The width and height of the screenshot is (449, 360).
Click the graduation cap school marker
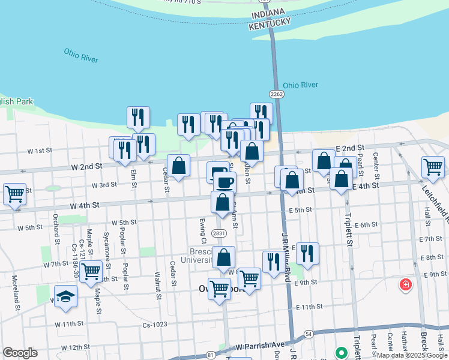tap(65, 296)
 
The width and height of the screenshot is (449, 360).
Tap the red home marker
tap(406, 284)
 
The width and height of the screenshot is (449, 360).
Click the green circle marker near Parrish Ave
tap(342, 352)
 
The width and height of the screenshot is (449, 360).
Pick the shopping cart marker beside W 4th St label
tap(14, 194)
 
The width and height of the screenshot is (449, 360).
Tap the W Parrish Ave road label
tap(259, 346)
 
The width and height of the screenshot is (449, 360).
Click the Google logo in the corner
tap(20, 353)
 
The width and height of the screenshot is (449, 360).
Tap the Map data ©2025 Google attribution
tap(412, 355)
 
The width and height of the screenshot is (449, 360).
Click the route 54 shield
tap(309, 334)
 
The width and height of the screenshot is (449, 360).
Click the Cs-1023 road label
tap(155, 325)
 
